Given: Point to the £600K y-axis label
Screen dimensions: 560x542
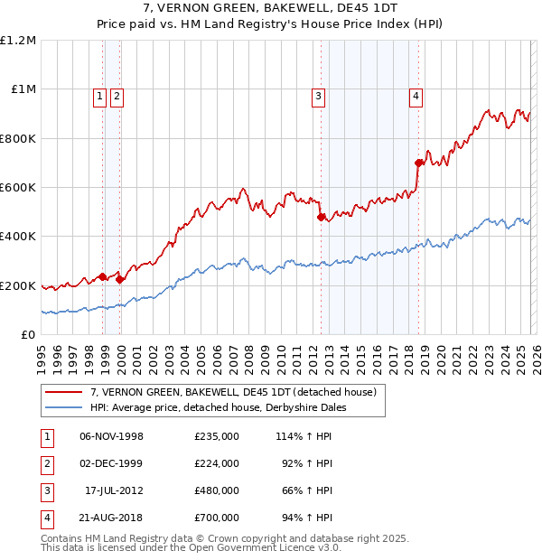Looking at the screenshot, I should tap(18, 187).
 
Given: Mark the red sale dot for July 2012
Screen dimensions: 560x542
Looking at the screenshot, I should tap(321, 217).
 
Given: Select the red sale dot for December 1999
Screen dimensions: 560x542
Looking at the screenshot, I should tap(120, 279).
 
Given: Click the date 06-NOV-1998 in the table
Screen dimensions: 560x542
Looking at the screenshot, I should tap(111, 436).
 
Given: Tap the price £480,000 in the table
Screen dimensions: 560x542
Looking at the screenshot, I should tap(216, 490).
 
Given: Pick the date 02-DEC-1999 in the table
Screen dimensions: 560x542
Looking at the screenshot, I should tap(111, 463).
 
